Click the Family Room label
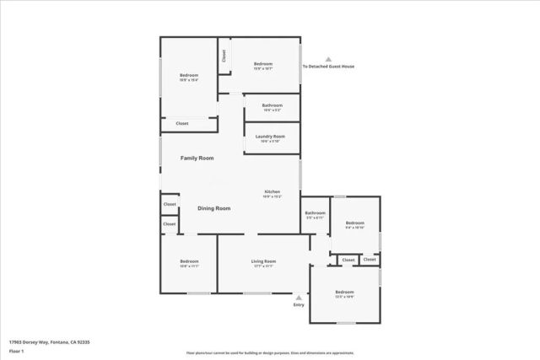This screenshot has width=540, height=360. click(x=197, y=158)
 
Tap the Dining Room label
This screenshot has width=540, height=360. click(x=213, y=207)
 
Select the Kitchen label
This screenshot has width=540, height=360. click(x=273, y=192)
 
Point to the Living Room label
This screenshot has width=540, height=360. click(x=263, y=262)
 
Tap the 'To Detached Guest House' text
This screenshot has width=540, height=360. click(x=328, y=67)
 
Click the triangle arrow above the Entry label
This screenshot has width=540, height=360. click(x=298, y=297)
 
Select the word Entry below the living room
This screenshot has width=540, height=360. click(x=298, y=304)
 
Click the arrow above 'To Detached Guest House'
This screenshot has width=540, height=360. click(x=328, y=59)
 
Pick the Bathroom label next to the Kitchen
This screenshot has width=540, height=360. click(x=315, y=213)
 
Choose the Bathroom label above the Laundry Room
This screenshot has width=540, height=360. click(x=272, y=105)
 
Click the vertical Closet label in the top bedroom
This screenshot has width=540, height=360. click(x=224, y=56)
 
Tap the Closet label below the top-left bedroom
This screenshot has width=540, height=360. click(x=182, y=124)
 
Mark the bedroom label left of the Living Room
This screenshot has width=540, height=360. click(x=189, y=262)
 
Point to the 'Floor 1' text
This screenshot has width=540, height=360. click(x=17, y=350)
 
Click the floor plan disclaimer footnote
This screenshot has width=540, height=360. click(x=270, y=352)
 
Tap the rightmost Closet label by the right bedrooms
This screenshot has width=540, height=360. click(x=370, y=260)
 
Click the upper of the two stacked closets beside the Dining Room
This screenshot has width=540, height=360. click(x=170, y=204)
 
